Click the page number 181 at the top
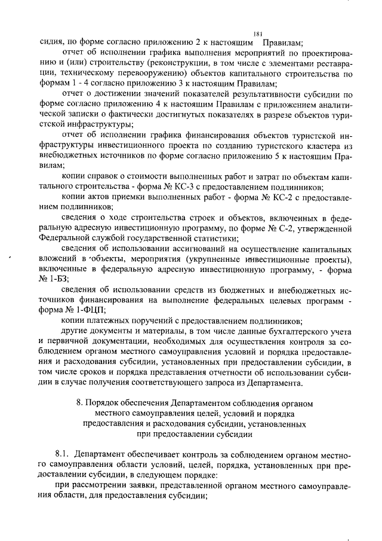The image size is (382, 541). tap(258, 33)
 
